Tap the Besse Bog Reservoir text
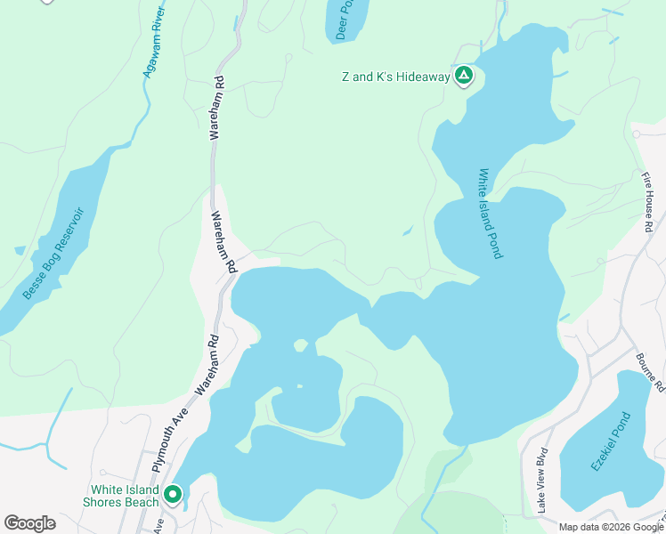54,254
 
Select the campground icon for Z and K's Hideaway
463,77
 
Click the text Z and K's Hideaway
396,77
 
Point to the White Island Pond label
491,214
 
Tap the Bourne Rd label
651,372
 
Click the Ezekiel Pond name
610,441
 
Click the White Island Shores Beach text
124,496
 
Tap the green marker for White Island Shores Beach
172,494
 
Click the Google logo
29,523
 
